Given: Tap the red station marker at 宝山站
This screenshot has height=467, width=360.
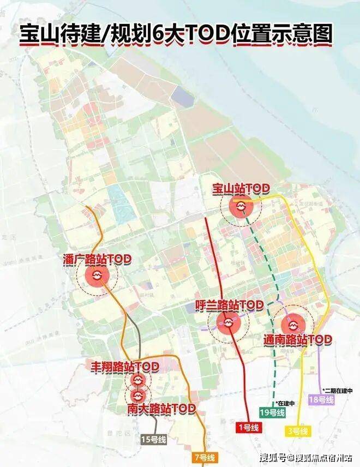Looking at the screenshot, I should [x=240, y=207].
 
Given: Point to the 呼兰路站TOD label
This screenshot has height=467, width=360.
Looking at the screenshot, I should [x=230, y=304].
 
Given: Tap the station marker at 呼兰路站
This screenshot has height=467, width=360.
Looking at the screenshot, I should [x=229, y=324].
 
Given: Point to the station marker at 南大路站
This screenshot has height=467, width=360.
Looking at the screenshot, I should [x=137, y=393].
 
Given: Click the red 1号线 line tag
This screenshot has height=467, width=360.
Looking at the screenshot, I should [x=248, y=428].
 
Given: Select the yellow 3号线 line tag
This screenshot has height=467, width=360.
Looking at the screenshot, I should [x=297, y=432].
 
